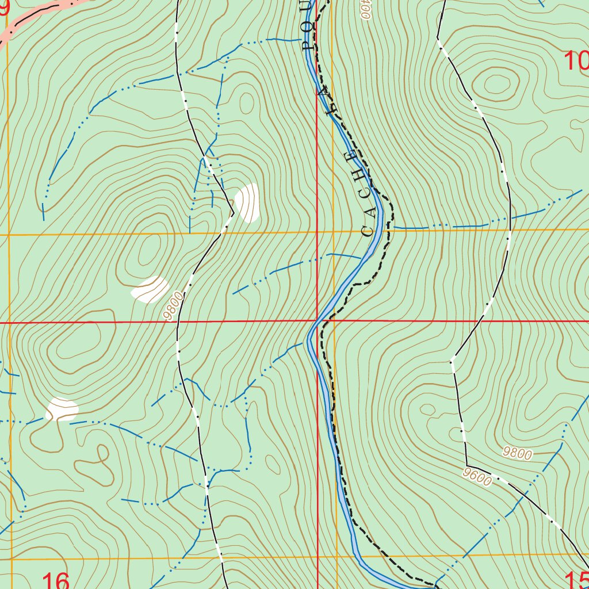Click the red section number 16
56,580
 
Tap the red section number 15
576,580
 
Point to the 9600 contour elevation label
476,477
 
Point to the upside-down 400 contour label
366,10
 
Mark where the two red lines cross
317,322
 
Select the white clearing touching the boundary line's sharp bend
248,202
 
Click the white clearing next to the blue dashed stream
62,408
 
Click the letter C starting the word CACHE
368,232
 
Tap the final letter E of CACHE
350,156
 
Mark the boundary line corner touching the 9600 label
466,465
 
